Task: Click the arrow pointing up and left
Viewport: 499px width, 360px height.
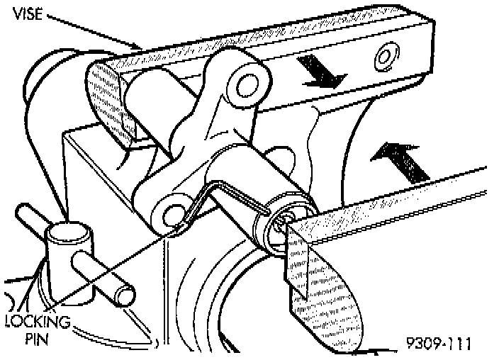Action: point(401,159)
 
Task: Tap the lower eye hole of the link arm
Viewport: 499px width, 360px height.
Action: point(171,214)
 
